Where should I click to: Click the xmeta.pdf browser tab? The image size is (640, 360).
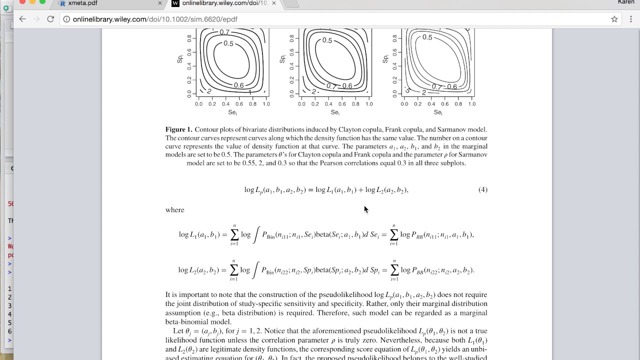tap(82, 3)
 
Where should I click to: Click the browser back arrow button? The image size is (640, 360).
tap(22, 19)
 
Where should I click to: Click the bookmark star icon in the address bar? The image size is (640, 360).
tap(614, 19)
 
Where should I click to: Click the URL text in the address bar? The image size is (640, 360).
tap(155, 19)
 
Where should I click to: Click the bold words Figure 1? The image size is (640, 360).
tap(178, 129)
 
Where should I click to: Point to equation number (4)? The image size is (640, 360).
tap(482, 189)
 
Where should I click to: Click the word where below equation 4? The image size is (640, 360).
tap(174, 210)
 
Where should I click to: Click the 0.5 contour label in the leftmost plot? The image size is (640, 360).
tap(228, 43)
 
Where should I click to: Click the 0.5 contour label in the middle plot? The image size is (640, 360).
tap(327, 40)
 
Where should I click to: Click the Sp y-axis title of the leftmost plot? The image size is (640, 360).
tap(180, 59)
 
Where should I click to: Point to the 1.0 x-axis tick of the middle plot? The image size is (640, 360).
tap(369, 104)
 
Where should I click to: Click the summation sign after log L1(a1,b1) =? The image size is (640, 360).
tap(234, 234)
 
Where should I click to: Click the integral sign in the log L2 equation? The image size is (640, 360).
tap(256, 270)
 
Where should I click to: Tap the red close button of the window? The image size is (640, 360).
tap(22, 2)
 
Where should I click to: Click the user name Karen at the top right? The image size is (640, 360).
tap(625, 2)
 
